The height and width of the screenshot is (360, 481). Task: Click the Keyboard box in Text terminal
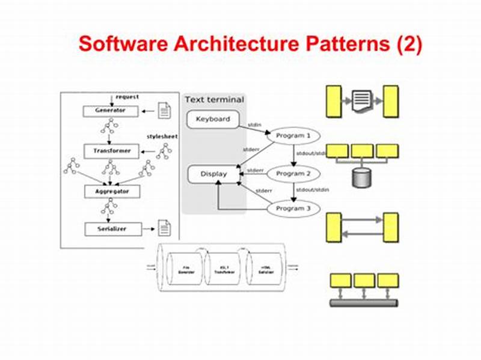click(213, 119)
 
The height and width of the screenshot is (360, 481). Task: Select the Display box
click(213, 174)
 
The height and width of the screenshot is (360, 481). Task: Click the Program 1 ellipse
click(293, 136)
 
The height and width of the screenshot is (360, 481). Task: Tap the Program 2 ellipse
click(293, 174)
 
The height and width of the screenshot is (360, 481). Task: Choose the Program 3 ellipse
click(293, 209)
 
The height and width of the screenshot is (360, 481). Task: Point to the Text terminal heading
click(214, 100)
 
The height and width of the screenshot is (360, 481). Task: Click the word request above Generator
click(127, 97)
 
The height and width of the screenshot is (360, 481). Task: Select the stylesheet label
click(162, 136)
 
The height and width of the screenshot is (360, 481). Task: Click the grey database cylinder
click(361, 177)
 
